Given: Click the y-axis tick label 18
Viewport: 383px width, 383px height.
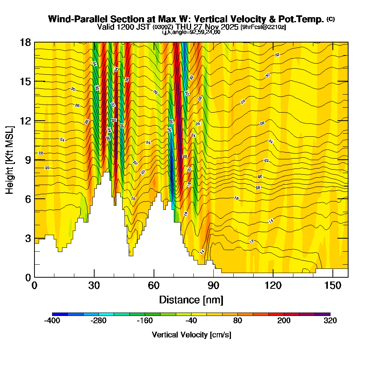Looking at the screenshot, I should point(25,42).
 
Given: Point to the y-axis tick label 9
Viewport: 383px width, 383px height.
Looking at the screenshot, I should point(28,160).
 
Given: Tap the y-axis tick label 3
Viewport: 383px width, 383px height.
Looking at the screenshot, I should point(28,238).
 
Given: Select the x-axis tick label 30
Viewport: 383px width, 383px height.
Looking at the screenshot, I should point(94,285).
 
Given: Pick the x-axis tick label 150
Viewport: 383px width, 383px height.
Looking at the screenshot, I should point(333,285).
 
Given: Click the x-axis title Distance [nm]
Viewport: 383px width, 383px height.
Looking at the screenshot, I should point(191,300).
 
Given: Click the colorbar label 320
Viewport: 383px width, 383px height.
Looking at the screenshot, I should point(330,321).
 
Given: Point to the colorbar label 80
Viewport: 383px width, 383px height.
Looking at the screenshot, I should point(237,321).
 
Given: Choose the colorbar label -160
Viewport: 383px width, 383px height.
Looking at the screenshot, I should point(145,321).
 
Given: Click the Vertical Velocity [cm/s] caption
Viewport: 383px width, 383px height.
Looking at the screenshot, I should point(191,335).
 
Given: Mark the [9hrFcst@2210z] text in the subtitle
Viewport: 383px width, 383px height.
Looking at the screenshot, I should point(263,27).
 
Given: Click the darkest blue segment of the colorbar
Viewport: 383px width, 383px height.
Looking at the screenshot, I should point(60,314).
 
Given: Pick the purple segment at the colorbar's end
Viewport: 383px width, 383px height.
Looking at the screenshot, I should point(322,314).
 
